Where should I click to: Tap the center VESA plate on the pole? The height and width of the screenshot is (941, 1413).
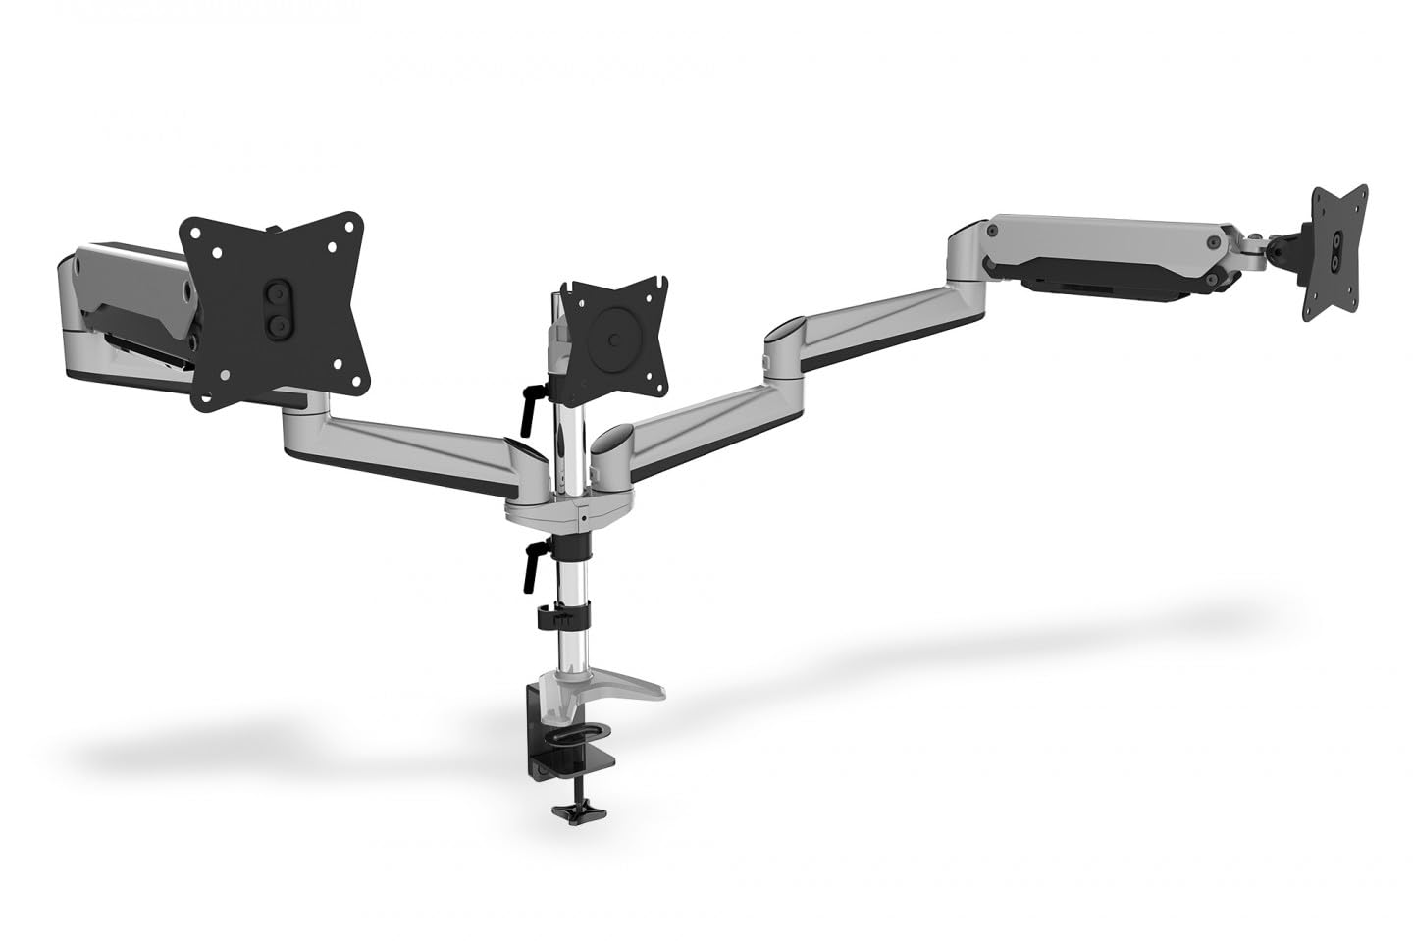click(x=619, y=339)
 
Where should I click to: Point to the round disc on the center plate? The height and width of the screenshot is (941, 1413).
click(x=614, y=341)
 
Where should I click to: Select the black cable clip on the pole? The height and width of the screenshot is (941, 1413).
click(x=557, y=617)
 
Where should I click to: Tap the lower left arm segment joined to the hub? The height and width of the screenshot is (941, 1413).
click(x=402, y=442)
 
